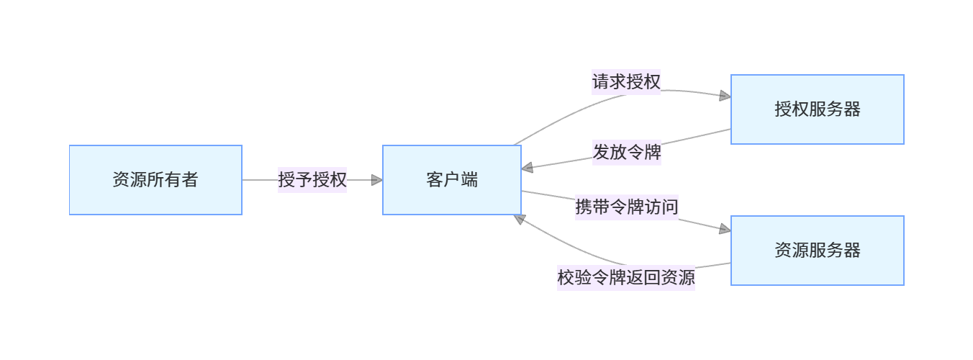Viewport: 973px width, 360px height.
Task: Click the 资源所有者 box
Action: coord(155,180)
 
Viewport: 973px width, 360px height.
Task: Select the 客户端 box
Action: coord(451,180)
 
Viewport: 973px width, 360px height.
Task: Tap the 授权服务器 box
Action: coord(817,109)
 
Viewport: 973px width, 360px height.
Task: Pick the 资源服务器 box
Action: coord(817,251)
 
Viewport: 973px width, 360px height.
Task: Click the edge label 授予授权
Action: coord(312,180)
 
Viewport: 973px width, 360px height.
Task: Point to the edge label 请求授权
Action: coord(626,82)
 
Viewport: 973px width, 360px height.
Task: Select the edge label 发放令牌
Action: coord(626,153)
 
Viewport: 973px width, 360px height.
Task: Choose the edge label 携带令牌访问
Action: coord(626,207)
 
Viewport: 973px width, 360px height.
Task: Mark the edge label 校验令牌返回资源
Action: coord(626,277)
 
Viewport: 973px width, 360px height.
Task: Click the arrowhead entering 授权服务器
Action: coord(725,96)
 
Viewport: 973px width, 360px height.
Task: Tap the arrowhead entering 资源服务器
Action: coord(725,229)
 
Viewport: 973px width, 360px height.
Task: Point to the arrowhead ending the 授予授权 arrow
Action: coord(376,180)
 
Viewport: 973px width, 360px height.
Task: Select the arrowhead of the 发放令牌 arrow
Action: coord(528,168)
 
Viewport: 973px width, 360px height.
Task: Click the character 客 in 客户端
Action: coord(434,180)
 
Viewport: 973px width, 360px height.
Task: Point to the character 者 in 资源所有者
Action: coord(190,180)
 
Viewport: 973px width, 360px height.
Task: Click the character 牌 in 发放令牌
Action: coord(652,153)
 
